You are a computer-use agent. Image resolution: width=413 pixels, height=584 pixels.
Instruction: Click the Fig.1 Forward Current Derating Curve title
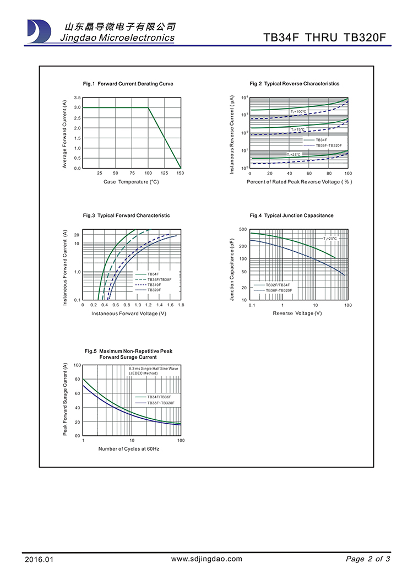[128, 84]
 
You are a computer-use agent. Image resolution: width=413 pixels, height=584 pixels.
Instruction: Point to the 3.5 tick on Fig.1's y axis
[78, 98]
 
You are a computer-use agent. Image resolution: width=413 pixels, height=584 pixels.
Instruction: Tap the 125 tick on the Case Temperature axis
[165, 174]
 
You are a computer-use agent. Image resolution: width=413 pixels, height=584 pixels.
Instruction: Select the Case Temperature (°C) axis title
[131, 182]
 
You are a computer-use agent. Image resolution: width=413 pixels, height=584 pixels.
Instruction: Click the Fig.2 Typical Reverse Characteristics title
[294, 84]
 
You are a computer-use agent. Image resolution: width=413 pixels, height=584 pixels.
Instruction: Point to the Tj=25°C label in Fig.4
[330, 239]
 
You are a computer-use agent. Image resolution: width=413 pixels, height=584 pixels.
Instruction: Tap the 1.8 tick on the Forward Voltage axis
[181, 305]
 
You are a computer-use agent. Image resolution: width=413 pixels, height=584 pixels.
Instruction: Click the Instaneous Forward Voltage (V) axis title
[129, 313]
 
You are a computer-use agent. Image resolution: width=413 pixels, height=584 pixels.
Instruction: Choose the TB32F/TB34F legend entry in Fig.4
[278, 285]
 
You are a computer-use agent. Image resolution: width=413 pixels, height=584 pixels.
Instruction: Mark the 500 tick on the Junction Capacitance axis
[243, 229]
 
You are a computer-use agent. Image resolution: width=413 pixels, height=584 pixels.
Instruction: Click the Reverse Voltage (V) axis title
[297, 313]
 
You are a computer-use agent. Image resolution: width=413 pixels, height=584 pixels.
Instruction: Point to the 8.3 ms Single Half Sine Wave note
[154, 368]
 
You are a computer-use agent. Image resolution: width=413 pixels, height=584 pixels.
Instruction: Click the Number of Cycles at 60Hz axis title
[129, 449]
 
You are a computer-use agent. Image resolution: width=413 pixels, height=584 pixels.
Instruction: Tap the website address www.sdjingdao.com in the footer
[206, 559]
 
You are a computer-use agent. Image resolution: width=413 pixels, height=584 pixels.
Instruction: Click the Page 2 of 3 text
[368, 559]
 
